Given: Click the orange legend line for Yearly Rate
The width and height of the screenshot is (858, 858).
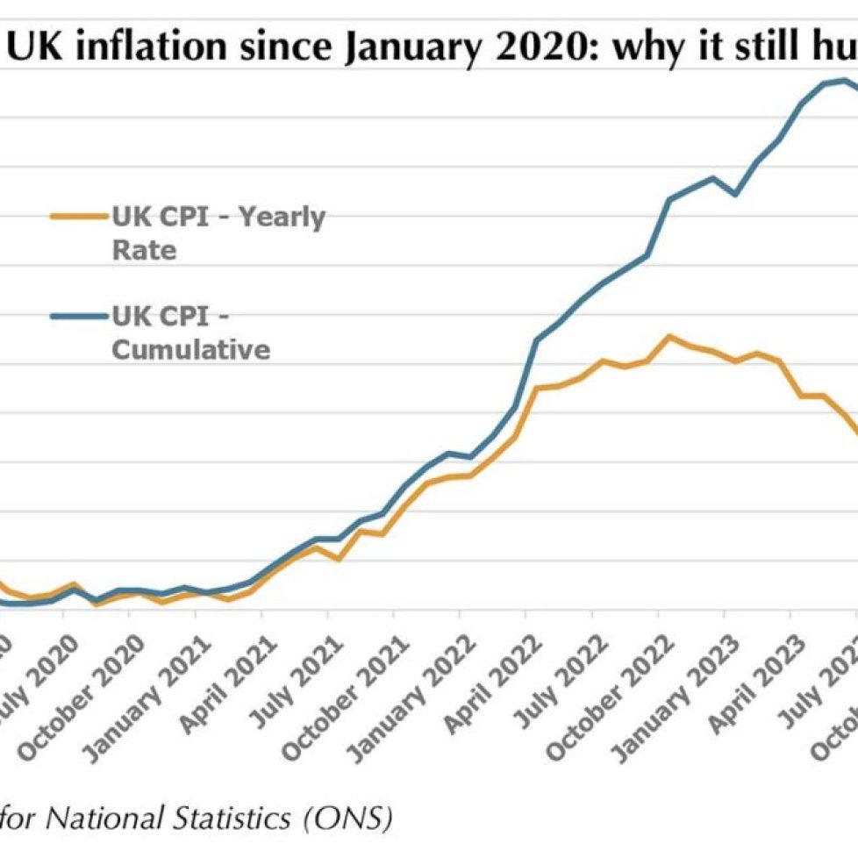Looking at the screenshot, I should (79, 215).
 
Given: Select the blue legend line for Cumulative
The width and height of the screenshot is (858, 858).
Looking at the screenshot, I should (79, 316).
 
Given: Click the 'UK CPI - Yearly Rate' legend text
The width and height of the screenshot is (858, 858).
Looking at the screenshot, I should (217, 232).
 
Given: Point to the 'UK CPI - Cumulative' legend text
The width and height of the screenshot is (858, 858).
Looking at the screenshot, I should (190, 332).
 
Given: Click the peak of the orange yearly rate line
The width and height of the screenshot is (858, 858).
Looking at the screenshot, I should (670, 336).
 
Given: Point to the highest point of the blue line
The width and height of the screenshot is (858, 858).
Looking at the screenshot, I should (844, 81).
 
